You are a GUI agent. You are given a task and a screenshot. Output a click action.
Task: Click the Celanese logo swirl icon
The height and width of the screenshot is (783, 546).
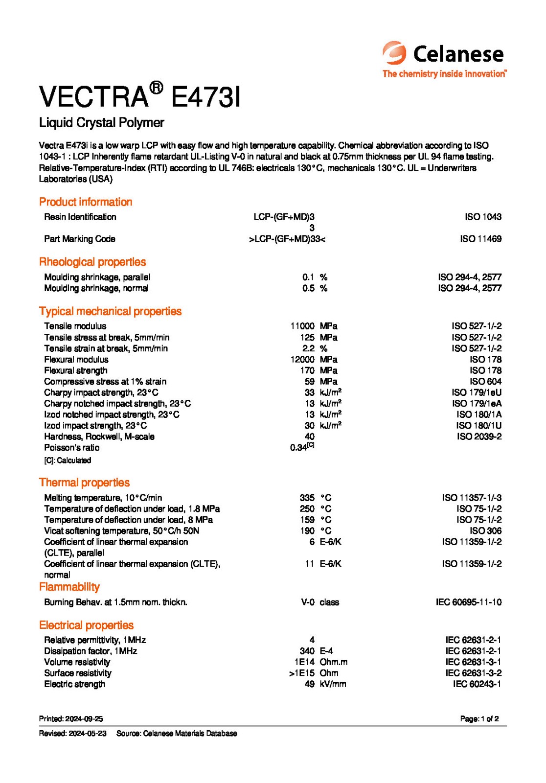[x=394, y=53]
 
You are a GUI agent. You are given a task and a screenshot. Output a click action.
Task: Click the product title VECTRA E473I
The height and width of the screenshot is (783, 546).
[x=139, y=96]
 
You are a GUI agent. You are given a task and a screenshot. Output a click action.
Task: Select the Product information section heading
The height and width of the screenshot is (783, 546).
[x=86, y=202]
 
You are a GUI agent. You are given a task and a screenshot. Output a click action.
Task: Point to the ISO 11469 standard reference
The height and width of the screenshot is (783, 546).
[x=480, y=239]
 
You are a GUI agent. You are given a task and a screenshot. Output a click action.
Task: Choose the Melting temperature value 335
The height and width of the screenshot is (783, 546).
[x=307, y=498]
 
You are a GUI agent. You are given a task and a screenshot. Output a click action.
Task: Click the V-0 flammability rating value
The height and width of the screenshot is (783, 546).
[x=307, y=602]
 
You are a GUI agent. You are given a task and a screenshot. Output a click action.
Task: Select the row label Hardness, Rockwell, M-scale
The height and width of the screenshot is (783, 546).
[x=99, y=437]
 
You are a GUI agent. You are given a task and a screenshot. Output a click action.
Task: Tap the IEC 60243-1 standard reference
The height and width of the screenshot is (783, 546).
[x=477, y=684]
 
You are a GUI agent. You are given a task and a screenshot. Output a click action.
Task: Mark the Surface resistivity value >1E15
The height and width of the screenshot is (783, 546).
[x=301, y=673]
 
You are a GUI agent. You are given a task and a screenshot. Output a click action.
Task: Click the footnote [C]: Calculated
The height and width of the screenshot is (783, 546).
[x=68, y=461]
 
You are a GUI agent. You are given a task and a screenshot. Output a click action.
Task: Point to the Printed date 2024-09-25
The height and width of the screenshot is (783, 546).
[x=71, y=719]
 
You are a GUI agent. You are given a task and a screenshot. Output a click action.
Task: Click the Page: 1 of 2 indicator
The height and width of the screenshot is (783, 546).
[x=479, y=719]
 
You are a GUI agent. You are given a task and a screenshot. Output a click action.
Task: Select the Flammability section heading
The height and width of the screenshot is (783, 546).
[x=69, y=587]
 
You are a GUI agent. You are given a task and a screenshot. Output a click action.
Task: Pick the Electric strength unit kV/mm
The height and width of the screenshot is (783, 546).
[x=333, y=684]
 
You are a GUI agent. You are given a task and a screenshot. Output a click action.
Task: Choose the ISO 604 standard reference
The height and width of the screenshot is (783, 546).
[x=485, y=381]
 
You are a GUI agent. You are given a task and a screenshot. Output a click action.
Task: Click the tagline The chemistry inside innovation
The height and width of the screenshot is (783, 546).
[x=444, y=74]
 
